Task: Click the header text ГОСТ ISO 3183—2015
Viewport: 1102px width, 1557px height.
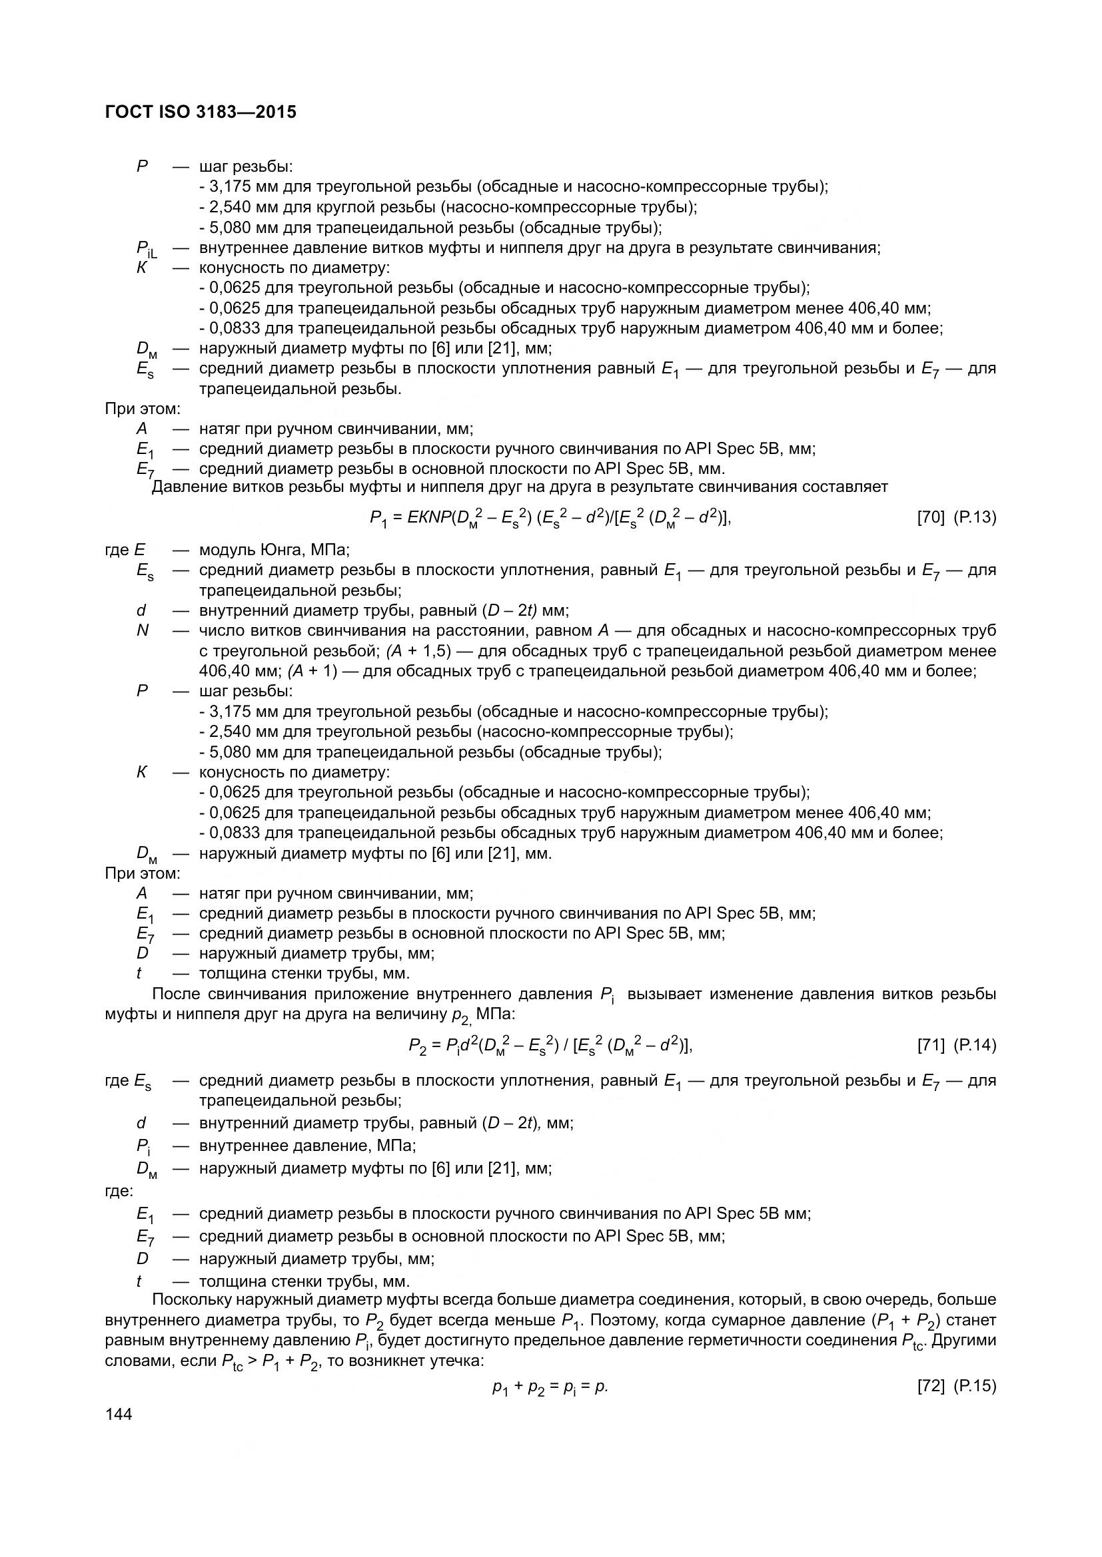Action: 201,112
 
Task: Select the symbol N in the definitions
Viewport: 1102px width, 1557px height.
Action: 142,630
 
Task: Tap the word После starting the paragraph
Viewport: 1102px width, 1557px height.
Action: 175,994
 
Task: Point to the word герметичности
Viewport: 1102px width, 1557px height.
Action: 738,1340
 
